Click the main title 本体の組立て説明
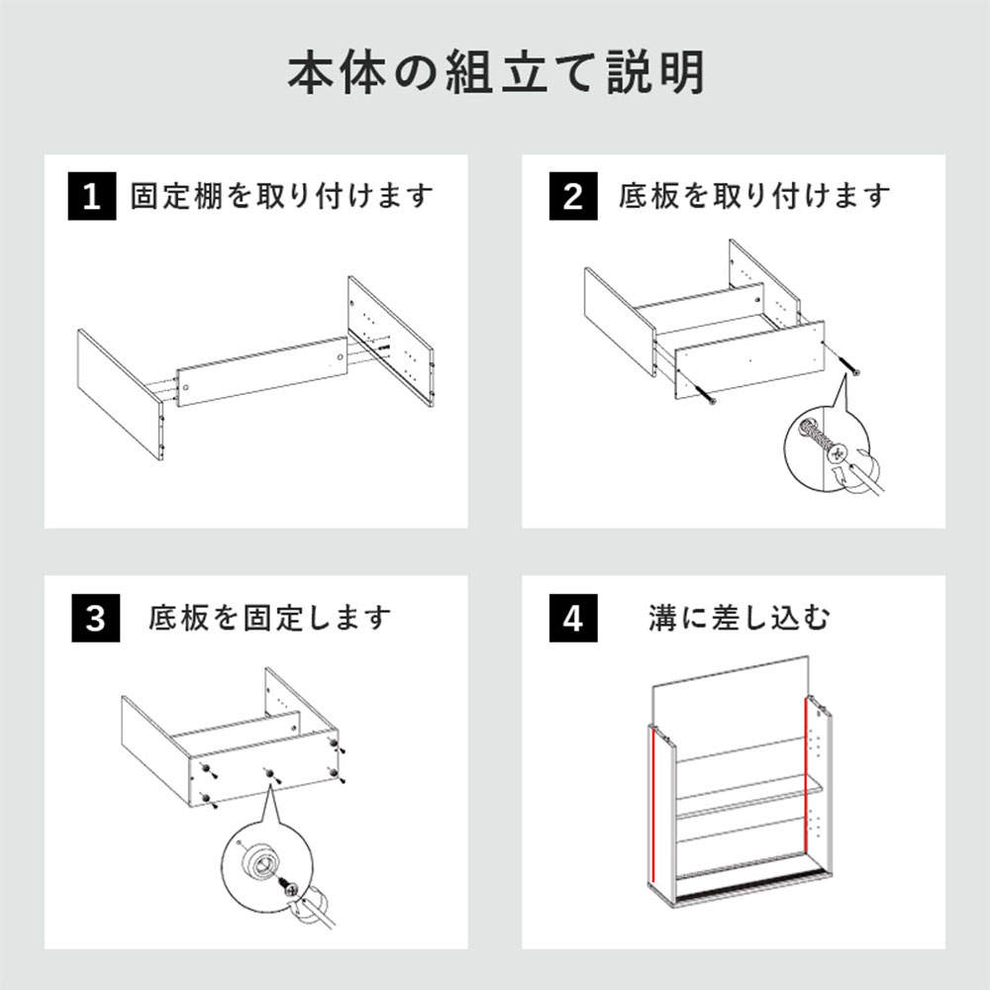tap(495, 74)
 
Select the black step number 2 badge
tap(572, 197)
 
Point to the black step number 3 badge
tap(95, 619)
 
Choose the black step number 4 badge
tap(572, 619)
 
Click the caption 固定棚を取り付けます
tap(282, 196)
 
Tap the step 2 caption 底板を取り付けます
tap(754, 196)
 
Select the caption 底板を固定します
tap(270, 619)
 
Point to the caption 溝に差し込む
tap(739, 619)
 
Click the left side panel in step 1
tap(119, 393)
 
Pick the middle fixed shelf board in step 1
tap(262, 372)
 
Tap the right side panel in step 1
tap(390, 341)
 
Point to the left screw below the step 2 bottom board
tap(709, 397)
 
